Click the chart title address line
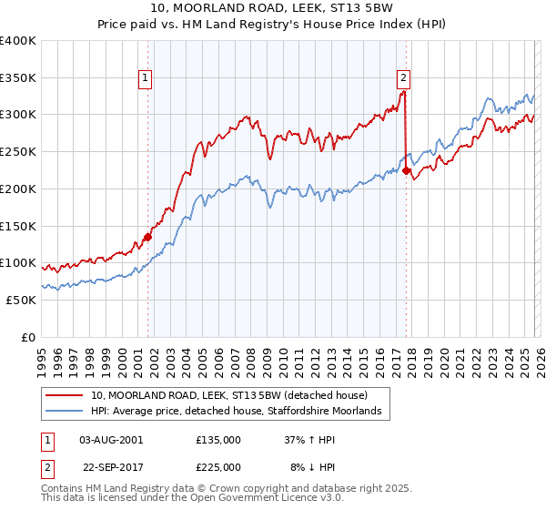(x=272, y=8)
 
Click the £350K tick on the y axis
(x=18, y=77)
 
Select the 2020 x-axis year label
(x=443, y=355)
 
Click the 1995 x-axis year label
(x=42, y=355)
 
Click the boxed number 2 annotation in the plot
(x=403, y=78)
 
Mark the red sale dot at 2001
(x=147, y=237)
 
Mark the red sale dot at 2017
(x=406, y=170)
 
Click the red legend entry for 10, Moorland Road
(x=228, y=395)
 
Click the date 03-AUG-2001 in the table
(x=111, y=439)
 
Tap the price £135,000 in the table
(x=218, y=439)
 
